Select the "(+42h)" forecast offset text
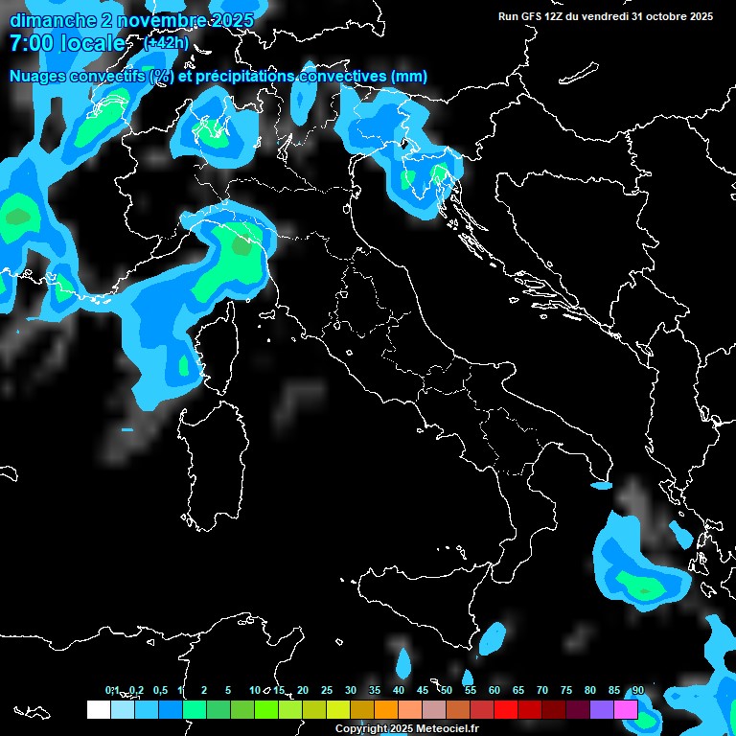pyautogui.click(x=166, y=43)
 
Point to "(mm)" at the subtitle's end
pyautogui.click(x=408, y=77)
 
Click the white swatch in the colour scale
pyautogui.click(x=98, y=709)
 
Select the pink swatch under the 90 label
pyautogui.click(x=626, y=709)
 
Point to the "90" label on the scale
pyautogui.click(x=638, y=691)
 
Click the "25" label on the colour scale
pyautogui.click(x=327, y=691)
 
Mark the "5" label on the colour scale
pyautogui.click(x=228, y=691)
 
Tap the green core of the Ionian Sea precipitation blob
pyautogui.click(x=636, y=581)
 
